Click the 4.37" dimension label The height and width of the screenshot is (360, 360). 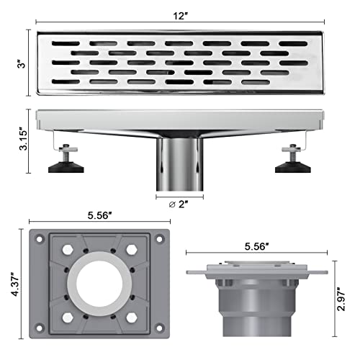(x=12, y=285)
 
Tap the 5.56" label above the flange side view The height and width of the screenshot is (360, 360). (x=258, y=246)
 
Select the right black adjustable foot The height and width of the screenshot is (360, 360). (x=292, y=168)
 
